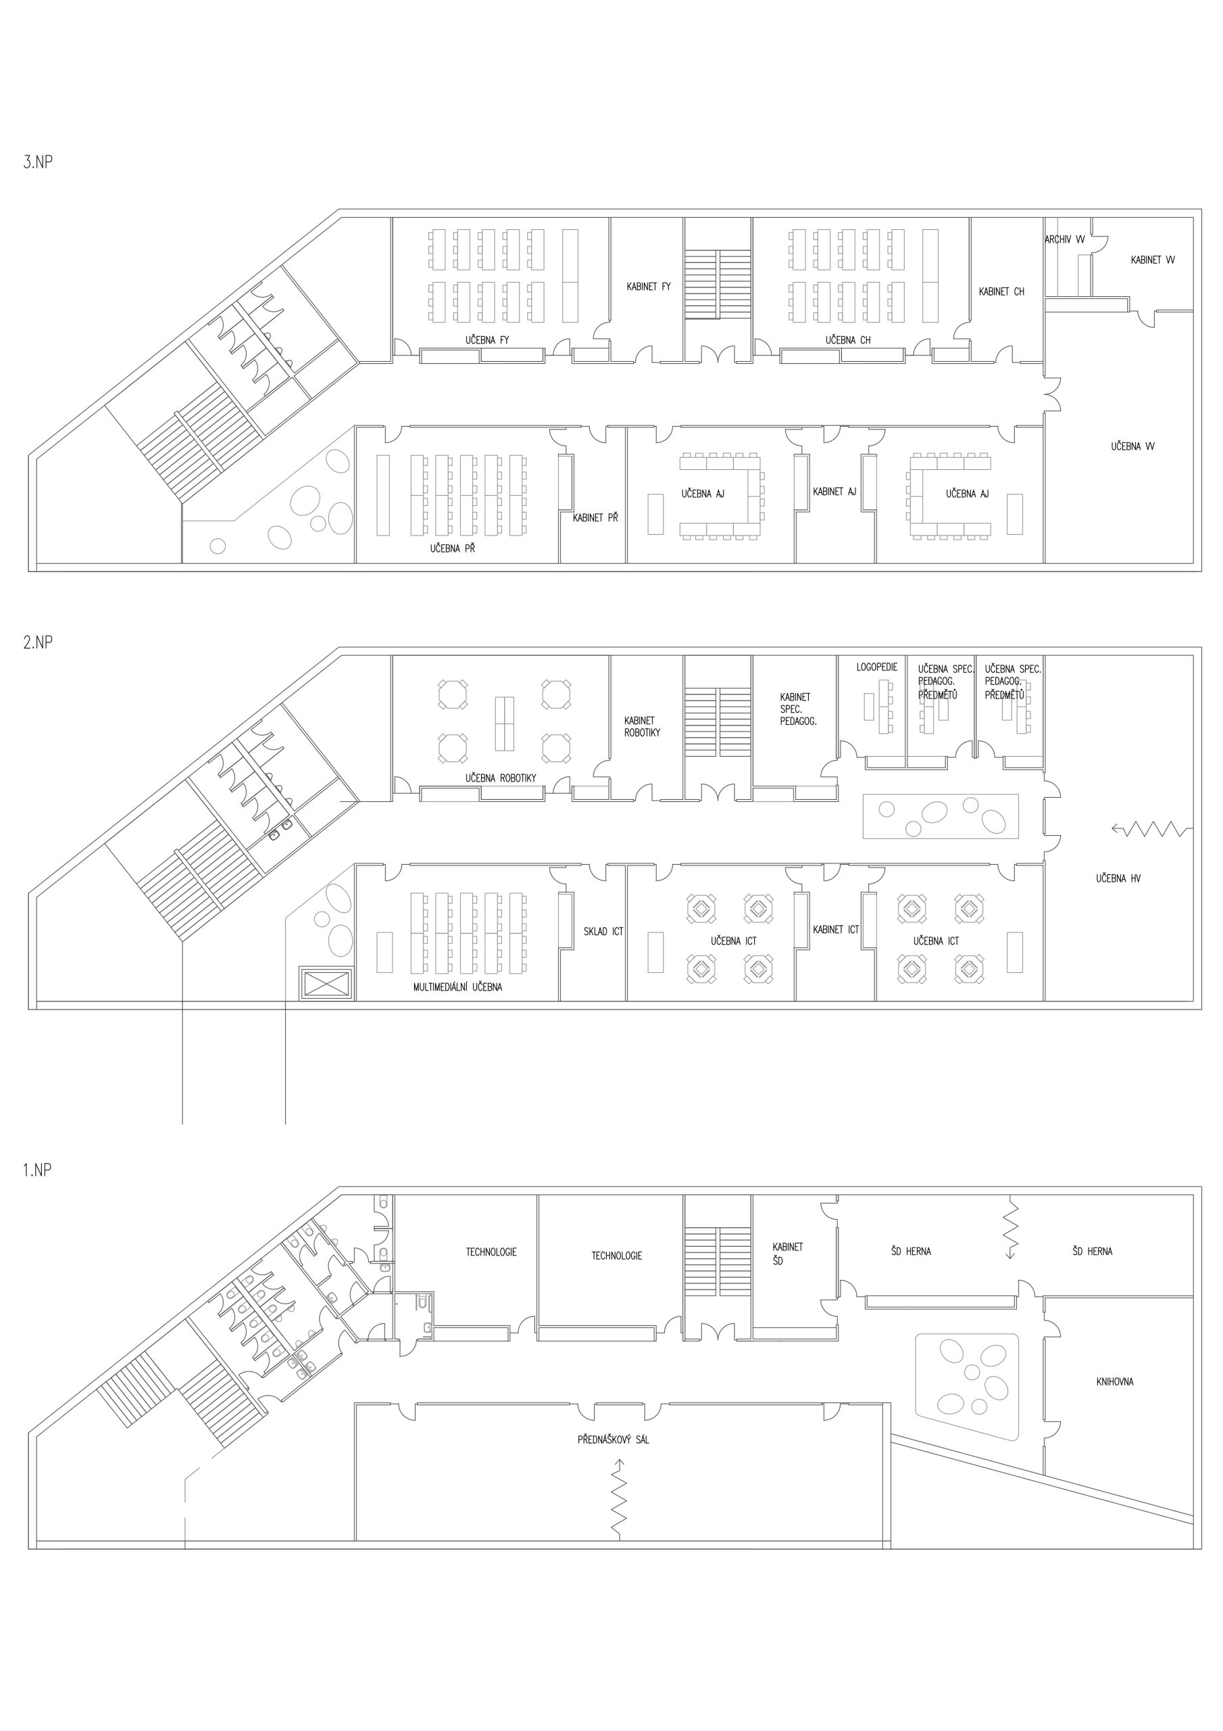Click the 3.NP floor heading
38,162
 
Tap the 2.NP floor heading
38,642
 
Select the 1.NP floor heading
38,1170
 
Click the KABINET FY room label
648,287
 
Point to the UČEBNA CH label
848,340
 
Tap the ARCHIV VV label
1065,240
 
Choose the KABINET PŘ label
595,518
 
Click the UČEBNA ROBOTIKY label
501,778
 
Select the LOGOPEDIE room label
876,667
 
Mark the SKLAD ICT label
603,932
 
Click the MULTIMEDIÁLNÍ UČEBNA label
457,987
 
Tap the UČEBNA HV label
1118,878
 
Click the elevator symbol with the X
326,983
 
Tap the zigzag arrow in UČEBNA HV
1152,829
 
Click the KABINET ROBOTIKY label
642,726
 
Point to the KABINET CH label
1001,291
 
